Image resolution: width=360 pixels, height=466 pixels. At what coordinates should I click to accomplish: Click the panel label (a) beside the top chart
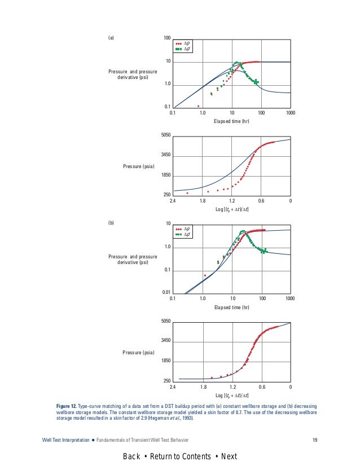[x=111, y=38]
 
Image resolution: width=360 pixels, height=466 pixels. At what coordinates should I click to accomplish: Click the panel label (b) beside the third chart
[x=111, y=224]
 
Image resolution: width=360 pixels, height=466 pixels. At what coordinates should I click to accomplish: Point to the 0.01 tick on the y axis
[x=166, y=292]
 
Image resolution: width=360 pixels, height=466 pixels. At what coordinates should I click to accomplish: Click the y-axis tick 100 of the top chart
[x=167, y=38]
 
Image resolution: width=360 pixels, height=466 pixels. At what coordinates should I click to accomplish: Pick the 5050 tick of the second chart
[x=166, y=135]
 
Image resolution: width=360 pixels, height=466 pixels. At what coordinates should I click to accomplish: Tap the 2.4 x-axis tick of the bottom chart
[x=173, y=387]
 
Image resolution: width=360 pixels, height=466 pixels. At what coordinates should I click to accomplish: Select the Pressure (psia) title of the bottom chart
[x=138, y=353]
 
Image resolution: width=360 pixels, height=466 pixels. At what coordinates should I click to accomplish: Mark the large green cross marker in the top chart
[x=256, y=82]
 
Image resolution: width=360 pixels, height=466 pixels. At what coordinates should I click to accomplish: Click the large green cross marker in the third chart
[x=264, y=250]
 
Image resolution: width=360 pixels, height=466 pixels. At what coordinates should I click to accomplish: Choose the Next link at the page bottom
[x=229, y=456]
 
